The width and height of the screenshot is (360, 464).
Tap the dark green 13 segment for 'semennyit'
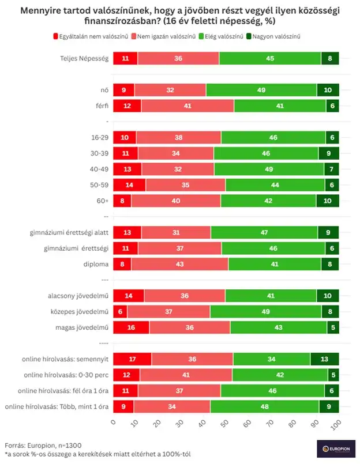(324, 359)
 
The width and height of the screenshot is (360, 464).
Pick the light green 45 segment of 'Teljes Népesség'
(270, 58)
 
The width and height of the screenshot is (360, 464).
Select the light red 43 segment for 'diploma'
(180, 265)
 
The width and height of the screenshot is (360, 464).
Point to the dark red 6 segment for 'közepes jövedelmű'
(120, 312)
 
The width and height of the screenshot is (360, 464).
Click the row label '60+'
(102, 200)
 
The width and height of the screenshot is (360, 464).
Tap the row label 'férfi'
(101, 106)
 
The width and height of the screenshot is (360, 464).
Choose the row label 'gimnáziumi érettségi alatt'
(70, 233)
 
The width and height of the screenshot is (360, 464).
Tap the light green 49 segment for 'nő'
(261, 90)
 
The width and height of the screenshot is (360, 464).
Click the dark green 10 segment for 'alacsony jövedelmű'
(328, 296)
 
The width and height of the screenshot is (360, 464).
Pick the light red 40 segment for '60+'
(175, 200)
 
